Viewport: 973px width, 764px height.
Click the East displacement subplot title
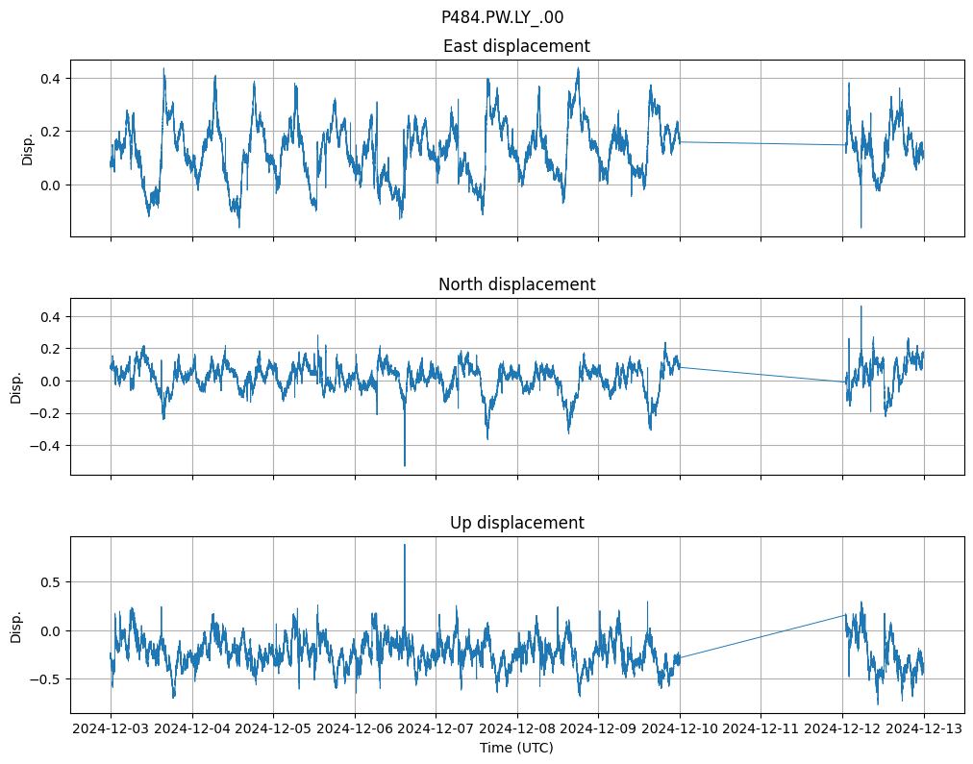pyautogui.click(x=516, y=46)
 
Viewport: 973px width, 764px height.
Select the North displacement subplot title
pyautogui.click(x=516, y=284)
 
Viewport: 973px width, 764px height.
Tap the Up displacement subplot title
pyautogui.click(x=516, y=523)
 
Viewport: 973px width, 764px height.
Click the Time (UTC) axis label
pyautogui.click(x=516, y=748)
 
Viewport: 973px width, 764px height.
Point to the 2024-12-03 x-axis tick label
pyautogui.click(x=111, y=729)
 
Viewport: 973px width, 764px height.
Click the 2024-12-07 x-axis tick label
pyautogui.click(x=436, y=729)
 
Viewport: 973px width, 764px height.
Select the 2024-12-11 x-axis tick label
pyautogui.click(x=761, y=729)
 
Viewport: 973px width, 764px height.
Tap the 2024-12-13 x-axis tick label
pyautogui.click(x=924, y=729)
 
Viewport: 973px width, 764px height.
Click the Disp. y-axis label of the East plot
pyautogui.click(x=27, y=148)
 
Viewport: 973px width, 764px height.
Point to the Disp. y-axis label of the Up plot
pyautogui.click(x=16, y=625)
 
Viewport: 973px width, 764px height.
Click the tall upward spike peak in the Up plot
pyautogui.click(x=404, y=546)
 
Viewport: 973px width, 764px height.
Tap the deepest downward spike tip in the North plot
pyautogui.click(x=404, y=465)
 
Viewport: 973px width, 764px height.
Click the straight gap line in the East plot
pyautogui.click(x=761, y=144)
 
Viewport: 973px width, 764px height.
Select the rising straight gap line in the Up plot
pyautogui.click(x=761, y=636)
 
